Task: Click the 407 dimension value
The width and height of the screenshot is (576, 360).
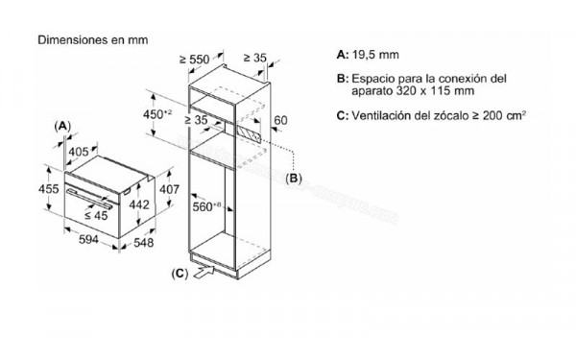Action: point(169,189)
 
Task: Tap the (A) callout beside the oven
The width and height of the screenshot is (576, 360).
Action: point(62,126)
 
